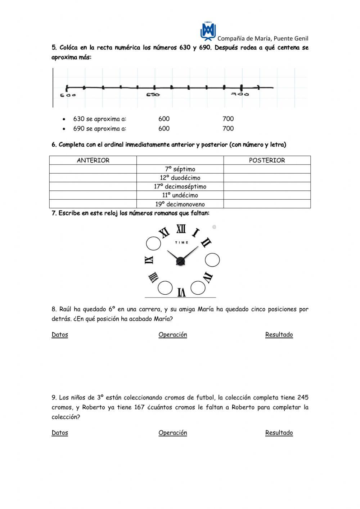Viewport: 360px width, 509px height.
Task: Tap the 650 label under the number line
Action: point(153,95)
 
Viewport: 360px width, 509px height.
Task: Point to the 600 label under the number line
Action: point(68,95)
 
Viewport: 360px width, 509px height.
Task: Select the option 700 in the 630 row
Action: point(228,119)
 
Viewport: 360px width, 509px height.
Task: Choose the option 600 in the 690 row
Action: point(164,129)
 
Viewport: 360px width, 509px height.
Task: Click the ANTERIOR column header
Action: point(93,160)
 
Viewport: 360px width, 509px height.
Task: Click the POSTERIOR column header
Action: point(267,160)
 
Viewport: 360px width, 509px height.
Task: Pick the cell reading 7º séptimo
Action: point(180,169)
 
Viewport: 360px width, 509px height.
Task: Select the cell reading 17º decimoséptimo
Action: point(180,187)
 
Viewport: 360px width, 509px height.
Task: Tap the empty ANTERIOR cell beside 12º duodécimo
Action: point(93,178)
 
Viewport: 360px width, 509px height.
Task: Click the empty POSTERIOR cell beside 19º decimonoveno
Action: point(267,204)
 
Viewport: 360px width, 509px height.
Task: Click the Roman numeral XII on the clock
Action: point(181,229)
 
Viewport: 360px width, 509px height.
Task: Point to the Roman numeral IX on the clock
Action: point(149,260)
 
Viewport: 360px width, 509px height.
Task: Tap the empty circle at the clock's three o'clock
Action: point(212,260)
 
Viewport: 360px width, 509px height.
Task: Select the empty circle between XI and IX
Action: point(153,244)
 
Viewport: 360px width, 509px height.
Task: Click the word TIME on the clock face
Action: point(181,242)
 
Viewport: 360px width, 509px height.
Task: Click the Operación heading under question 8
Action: point(173,335)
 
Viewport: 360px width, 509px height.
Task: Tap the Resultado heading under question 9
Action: point(279,433)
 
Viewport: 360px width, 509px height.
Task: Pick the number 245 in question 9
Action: point(303,398)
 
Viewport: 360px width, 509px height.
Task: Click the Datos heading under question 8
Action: point(60,335)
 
